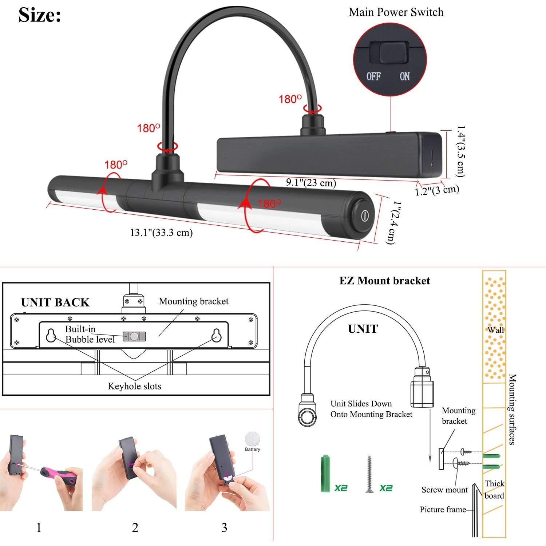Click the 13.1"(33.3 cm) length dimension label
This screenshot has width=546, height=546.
161,232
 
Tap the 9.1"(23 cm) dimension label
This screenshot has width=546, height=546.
310,182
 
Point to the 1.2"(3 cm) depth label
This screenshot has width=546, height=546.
437,190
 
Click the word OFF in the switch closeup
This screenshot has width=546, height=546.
373,76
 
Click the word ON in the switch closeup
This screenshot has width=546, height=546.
404,76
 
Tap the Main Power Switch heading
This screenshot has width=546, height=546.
396,12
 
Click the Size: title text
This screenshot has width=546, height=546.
40,15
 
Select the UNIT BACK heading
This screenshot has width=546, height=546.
55,302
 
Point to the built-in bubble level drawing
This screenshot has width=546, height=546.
134,336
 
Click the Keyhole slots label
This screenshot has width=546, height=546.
134,386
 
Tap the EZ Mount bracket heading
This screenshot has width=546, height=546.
384,281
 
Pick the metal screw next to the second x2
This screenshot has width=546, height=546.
370,474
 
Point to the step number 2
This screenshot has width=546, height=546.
135,527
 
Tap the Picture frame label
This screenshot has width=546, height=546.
443,510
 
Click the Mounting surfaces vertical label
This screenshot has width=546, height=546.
512,409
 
